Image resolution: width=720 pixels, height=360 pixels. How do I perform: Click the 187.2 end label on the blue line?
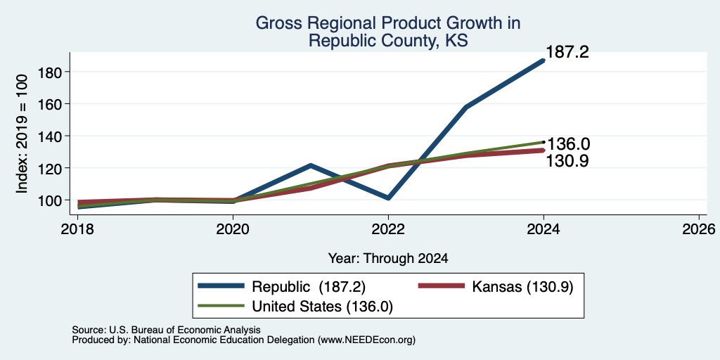click(x=567, y=52)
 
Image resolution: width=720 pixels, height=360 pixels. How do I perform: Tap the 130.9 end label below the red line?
click(x=567, y=161)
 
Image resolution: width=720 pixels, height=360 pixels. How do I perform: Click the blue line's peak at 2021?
click(x=311, y=165)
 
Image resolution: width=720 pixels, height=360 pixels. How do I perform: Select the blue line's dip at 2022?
click(x=388, y=198)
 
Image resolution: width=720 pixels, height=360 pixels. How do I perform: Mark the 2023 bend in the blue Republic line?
click(x=466, y=107)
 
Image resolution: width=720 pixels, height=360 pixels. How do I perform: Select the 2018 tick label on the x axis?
click(x=78, y=229)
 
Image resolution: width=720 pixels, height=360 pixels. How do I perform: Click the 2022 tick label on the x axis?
click(x=388, y=229)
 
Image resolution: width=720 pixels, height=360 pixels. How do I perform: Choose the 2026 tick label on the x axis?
click(x=699, y=229)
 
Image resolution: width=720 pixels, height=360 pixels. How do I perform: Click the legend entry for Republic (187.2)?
click(x=281, y=287)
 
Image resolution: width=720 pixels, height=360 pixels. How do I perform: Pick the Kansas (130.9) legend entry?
click(x=496, y=287)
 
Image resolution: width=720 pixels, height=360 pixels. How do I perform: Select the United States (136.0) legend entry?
click(x=295, y=307)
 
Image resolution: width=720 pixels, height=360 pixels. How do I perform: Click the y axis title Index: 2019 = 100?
click(x=22, y=134)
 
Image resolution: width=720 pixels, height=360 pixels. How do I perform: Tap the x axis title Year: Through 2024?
click(x=388, y=259)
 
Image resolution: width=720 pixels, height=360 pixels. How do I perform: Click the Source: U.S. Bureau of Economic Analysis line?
click(x=166, y=330)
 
